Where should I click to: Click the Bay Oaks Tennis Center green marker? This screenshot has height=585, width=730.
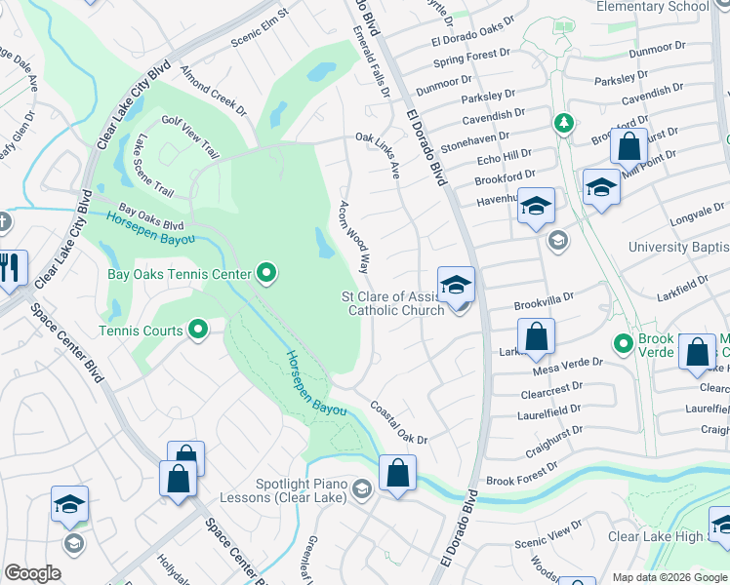266,273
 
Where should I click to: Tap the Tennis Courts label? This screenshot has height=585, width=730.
141,331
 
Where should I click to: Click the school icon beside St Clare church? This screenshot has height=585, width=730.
456,286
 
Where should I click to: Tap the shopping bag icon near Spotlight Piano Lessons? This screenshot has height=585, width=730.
397,475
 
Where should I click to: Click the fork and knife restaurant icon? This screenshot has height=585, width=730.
11,267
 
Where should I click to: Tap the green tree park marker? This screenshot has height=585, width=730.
562,123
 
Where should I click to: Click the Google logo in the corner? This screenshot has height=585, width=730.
32,573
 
